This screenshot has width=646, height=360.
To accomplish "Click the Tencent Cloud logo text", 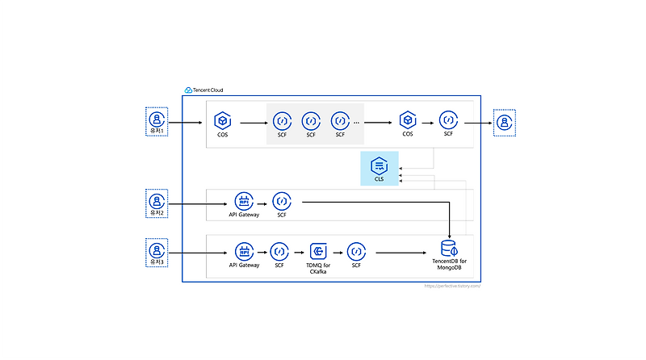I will (208, 90).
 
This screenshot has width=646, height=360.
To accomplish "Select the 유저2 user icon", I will (156, 200).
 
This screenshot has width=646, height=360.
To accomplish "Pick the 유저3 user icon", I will (156, 249).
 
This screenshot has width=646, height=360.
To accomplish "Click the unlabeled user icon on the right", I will (505, 123).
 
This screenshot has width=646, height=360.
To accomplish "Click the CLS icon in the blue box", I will (379, 166).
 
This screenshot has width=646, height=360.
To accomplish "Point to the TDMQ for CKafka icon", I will (317, 251).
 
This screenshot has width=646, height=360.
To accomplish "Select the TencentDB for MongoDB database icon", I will (448, 249).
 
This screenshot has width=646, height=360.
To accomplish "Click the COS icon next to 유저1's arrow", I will (223, 121).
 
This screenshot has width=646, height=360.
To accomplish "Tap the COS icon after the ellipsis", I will (408, 121).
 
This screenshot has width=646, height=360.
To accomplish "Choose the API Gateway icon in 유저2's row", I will (244, 201).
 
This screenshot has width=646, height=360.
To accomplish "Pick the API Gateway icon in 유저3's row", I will (244, 251).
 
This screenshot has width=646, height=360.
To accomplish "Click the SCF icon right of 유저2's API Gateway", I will (281, 201).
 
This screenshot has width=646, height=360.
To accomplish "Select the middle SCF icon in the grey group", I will (310, 121).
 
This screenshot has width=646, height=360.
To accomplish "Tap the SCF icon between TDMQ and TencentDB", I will (355, 251).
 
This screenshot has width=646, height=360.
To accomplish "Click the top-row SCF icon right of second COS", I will (448, 121).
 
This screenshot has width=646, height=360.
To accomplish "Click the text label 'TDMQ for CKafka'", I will (317, 269).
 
